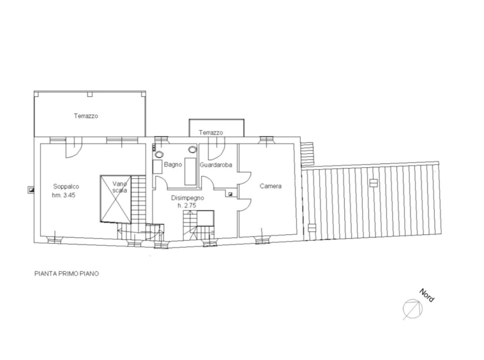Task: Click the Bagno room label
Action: pos(173,165)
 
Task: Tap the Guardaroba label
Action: pos(216,165)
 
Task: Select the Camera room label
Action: pos(271,186)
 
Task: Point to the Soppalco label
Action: pos(66,186)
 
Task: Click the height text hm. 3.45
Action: pos(64,195)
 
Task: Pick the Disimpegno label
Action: pos(187,198)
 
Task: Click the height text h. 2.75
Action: pos(186,206)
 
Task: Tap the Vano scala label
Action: pos(120,187)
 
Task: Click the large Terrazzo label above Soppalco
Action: pos(86,116)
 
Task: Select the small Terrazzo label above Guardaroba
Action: pos(211,133)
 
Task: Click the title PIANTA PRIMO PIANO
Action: pos(66,274)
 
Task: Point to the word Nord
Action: pos(427,296)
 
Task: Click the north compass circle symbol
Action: pos(412,309)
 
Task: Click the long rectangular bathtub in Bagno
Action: pos(190,172)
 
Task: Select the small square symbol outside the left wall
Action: pos(31,190)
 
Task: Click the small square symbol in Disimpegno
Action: pos(231,194)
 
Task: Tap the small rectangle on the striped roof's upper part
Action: pos(374,183)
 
